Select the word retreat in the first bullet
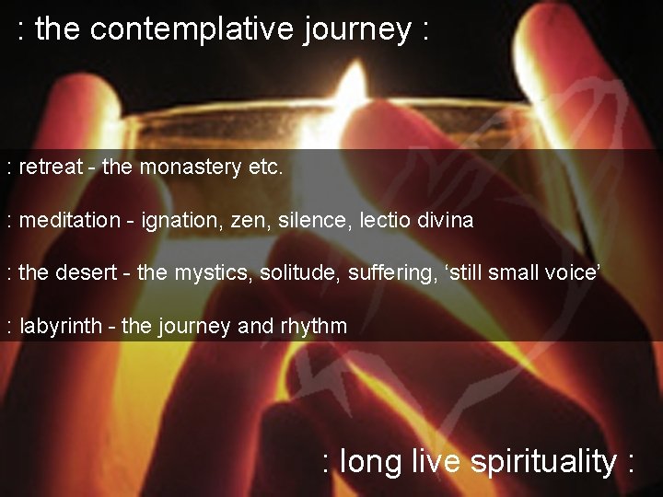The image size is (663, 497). (x=52, y=168)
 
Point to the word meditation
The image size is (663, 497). (x=70, y=220)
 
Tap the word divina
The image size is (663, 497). (x=447, y=220)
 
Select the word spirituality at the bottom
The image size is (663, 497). (x=543, y=461)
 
